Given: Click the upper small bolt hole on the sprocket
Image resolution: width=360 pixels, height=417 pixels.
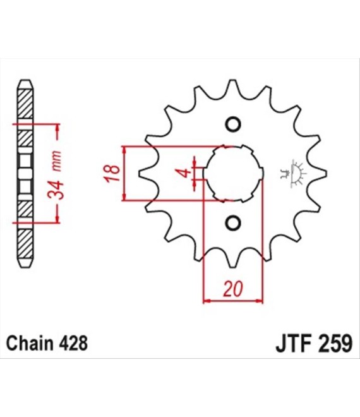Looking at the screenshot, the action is coord(233,124).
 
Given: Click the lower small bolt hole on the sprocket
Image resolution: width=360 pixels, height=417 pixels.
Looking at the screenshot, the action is coord(233,222).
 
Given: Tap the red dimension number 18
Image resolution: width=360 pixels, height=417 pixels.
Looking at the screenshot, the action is coord(112,173).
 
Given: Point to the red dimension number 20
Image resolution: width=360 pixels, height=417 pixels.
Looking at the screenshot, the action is coord(233,289).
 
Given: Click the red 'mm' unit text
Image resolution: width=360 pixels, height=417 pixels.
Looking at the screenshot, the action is coord(56,161).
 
